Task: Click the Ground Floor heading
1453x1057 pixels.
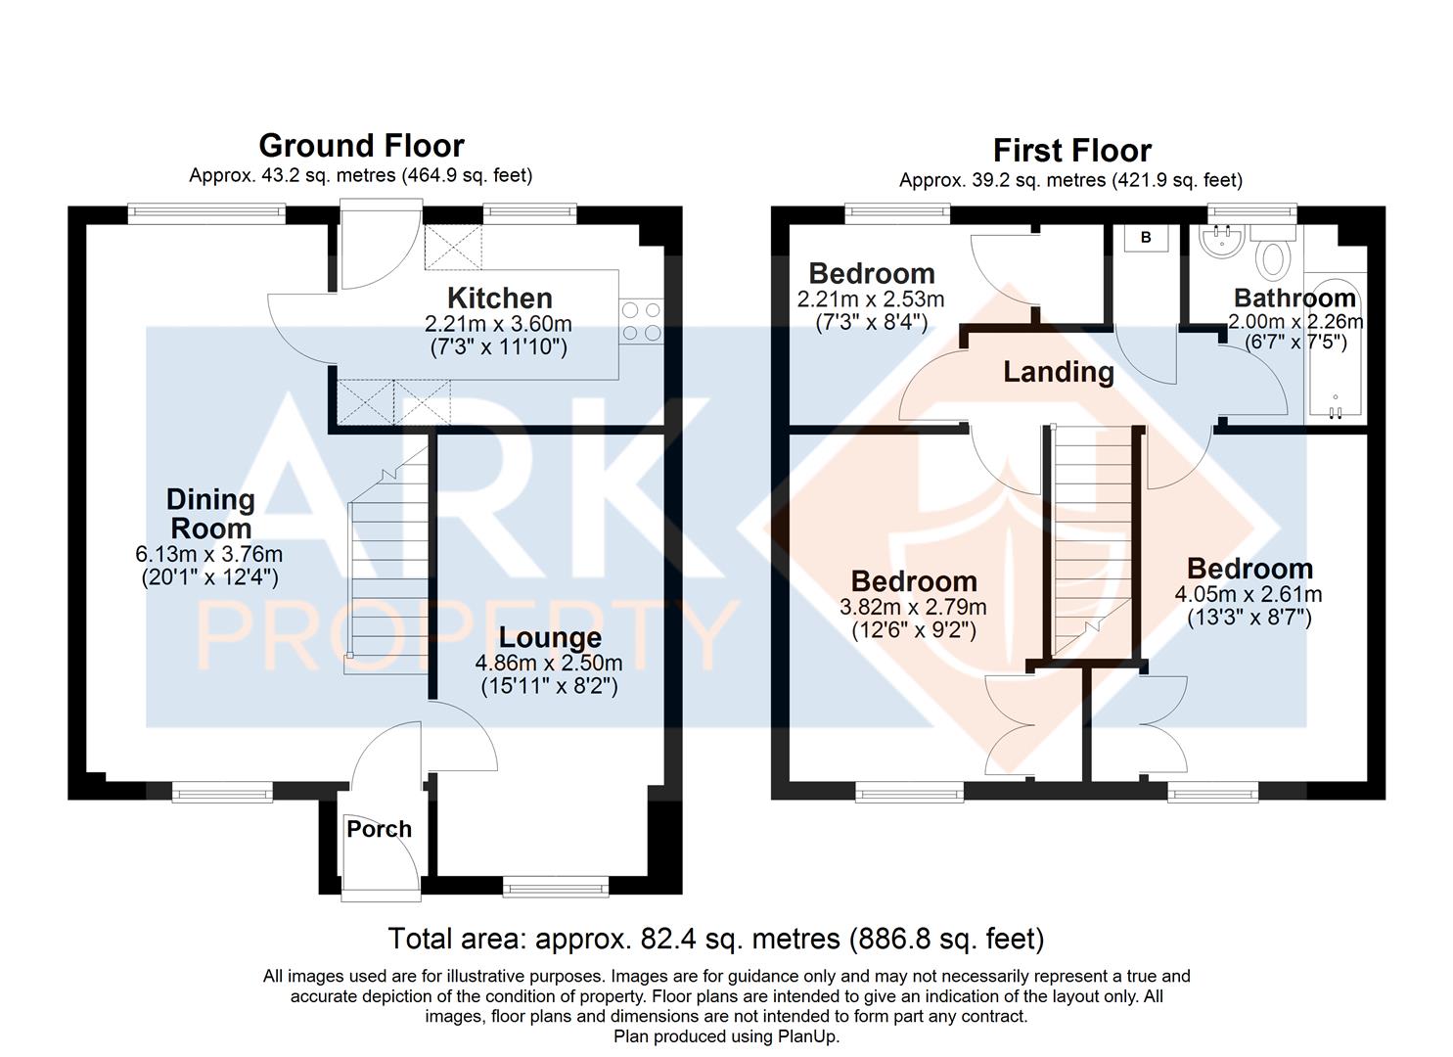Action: pos(361,146)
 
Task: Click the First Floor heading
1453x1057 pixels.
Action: pos(1072,151)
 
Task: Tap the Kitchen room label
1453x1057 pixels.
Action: pos(499,298)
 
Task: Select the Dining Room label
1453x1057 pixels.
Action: pos(210,514)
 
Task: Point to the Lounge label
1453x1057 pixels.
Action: pos(550,638)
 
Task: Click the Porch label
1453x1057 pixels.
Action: pos(379,829)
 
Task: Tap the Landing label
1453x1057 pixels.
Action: pos(1059,372)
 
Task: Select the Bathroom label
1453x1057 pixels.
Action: pos(1294,298)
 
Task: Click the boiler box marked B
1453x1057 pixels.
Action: pos(1146,238)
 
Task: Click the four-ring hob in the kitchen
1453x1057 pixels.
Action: pos(641,322)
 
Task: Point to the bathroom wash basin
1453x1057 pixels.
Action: pos(1221,241)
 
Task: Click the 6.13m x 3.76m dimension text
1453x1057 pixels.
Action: pos(208,554)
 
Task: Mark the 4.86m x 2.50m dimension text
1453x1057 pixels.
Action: pos(549,664)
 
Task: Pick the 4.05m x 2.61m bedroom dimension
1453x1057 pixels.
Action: pos(1249,594)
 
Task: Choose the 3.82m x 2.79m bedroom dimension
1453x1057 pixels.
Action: pos(913,607)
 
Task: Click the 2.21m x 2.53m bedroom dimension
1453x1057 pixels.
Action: pos(871,299)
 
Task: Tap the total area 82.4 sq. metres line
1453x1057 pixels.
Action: pos(716,939)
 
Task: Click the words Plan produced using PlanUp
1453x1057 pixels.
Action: pos(726,1036)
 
